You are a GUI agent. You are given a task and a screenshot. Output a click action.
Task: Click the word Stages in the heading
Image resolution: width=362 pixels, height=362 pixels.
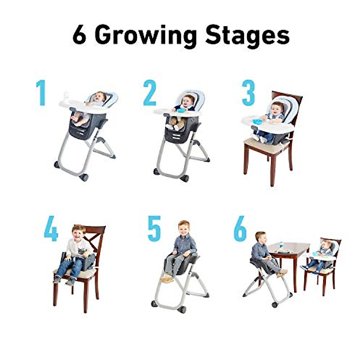247,36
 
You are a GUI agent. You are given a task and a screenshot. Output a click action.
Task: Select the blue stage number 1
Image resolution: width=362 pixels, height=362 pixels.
41,93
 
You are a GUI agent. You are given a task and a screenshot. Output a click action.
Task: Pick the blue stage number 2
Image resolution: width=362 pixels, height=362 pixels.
150,93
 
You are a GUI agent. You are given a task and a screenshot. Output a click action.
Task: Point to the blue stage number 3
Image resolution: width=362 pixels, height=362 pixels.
248,93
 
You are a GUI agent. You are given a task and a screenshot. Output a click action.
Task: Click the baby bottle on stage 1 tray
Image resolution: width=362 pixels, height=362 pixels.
66,96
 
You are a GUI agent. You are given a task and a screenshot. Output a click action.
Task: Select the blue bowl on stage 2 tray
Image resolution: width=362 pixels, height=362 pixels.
181,110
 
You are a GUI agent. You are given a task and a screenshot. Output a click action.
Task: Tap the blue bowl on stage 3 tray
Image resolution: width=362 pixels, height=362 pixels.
257,121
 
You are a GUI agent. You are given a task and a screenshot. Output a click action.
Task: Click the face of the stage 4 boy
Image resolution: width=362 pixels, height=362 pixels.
79,233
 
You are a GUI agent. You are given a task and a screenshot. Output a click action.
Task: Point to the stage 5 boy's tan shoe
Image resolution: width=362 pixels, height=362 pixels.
167,278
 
